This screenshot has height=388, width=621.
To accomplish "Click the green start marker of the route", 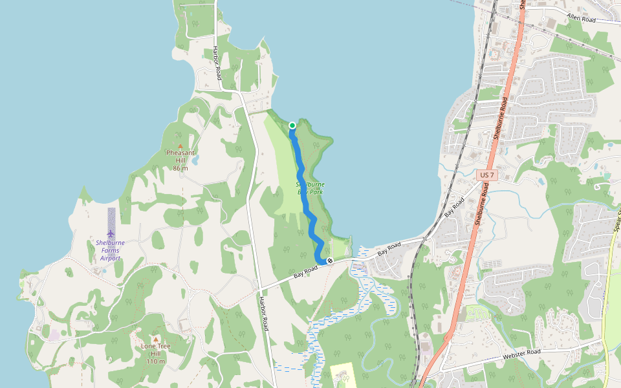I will click(292, 125).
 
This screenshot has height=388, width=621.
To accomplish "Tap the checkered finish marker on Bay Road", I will click(330, 261).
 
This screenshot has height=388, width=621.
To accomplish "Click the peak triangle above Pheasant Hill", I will click(180, 145).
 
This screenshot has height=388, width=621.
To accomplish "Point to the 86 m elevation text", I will click(180, 169).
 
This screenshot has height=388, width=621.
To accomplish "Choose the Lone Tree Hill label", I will click(155, 350).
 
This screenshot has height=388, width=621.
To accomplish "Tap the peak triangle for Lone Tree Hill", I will click(155, 338).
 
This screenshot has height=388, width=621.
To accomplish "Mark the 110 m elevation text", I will click(155, 361).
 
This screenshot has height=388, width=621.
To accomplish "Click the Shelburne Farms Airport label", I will click(111, 250).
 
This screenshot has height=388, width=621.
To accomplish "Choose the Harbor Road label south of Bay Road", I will click(263, 314).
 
